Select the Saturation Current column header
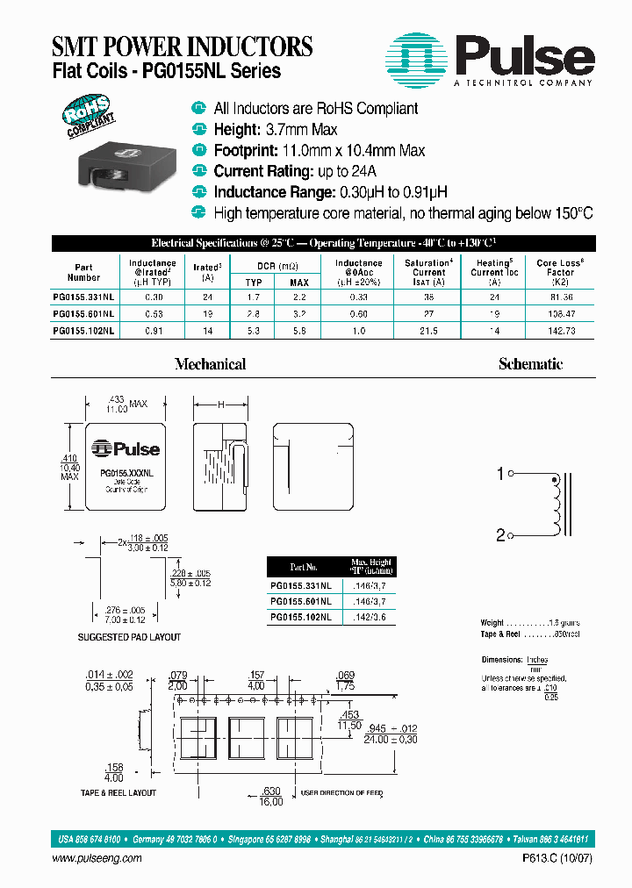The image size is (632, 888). tap(428, 272)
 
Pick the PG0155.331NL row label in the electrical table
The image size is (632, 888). tap(83, 297)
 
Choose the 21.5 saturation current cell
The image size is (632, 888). tap(428, 330)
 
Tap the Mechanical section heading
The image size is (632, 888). tap(210, 364)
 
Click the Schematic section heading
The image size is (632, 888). tap(530, 364)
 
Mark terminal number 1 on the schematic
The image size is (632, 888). tap(500, 475)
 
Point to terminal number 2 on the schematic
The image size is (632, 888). tap(500, 534)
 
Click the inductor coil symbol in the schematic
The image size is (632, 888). tap(555, 505)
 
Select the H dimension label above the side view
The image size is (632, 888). tap(220, 405)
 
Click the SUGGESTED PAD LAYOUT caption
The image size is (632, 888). tap(129, 637)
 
